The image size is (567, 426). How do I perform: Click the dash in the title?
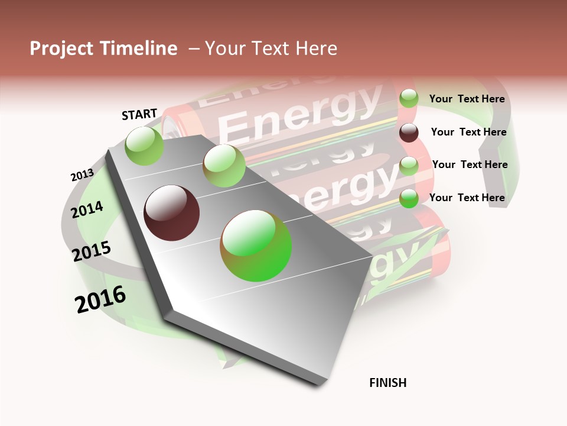click(193, 49)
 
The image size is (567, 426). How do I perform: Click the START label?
click(139, 114)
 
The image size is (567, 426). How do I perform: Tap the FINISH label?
click(388, 383)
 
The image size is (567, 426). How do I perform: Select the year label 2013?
click(82, 175)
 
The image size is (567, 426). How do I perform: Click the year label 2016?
click(100, 299)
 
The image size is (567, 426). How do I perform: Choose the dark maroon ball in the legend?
click(409, 133)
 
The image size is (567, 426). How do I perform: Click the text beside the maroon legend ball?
click(468, 132)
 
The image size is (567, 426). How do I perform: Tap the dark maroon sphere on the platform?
click(172, 213)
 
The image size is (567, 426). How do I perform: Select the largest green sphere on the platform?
click(256, 246)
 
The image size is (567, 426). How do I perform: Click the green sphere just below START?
click(145, 146)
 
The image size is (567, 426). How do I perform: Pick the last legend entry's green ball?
click(409, 198)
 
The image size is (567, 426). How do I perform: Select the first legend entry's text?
click(467, 99)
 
